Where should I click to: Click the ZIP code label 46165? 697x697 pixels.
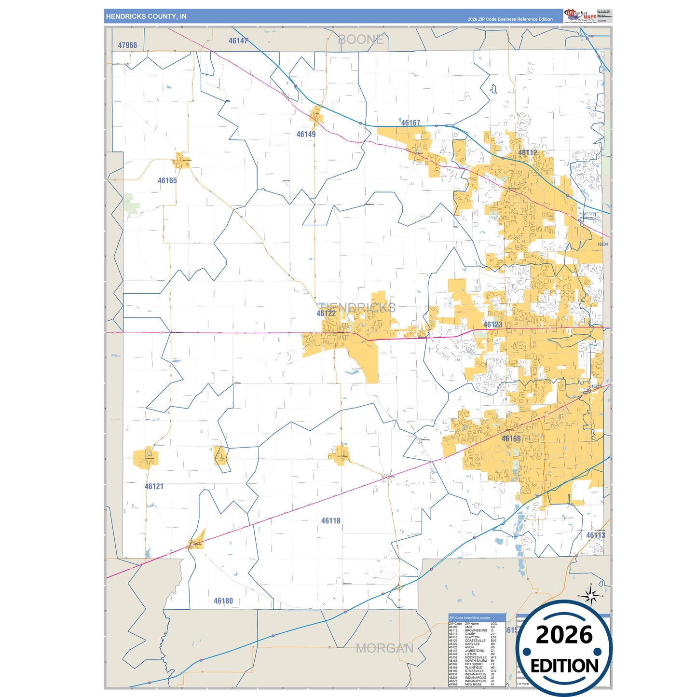(167, 180)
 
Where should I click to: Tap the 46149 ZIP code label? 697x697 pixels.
(306, 134)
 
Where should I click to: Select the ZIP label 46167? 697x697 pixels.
(410, 123)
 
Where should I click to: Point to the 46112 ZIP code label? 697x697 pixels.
(528, 152)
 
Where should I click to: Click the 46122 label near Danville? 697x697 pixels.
(326, 314)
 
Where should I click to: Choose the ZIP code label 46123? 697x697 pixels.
(492, 325)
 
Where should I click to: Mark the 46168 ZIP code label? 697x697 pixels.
(511, 438)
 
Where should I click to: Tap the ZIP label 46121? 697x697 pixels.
(154, 486)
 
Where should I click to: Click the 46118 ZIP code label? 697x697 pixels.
(330, 520)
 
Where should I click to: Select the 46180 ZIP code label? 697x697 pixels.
(223, 601)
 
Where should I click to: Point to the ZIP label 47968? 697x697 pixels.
(127, 45)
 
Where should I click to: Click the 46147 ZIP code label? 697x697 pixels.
(238, 41)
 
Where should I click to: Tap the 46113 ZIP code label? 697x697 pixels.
(595, 535)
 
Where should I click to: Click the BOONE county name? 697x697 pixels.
(361, 40)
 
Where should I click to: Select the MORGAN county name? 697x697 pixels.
(384, 648)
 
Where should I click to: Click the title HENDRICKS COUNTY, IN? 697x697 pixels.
(146, 16)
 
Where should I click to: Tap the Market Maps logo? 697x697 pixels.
(580, 15)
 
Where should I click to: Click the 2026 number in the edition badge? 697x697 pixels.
(564, 635)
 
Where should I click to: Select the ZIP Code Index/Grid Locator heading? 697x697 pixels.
(470, 617)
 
